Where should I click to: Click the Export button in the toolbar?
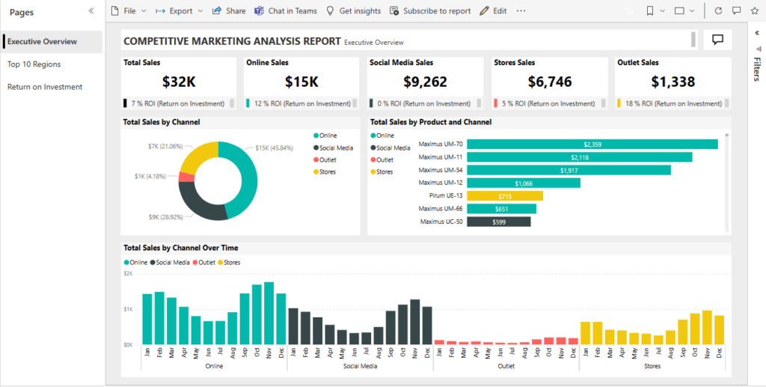[x=178, y=11]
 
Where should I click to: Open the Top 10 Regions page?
[x=34, y=64]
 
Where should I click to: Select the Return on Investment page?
[x=44, y=87]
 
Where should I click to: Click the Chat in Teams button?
[x=285, y=11]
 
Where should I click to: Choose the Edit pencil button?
[x=493, y=11]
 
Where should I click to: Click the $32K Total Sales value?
[x=178, y=82]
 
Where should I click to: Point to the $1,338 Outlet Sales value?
[x=672, y=82]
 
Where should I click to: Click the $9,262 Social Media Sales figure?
[x=424, y=82]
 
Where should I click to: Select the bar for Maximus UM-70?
[x=592, y=144]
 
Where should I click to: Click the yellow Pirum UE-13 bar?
[x=504, y=195]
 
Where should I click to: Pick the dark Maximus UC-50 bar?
[x=498, y=222]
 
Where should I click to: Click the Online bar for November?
[x=269, y=314]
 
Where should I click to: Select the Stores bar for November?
[x=707, y=327]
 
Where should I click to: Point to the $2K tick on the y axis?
[x=129, y=274]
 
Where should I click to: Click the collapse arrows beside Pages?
[x=91, y=11]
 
